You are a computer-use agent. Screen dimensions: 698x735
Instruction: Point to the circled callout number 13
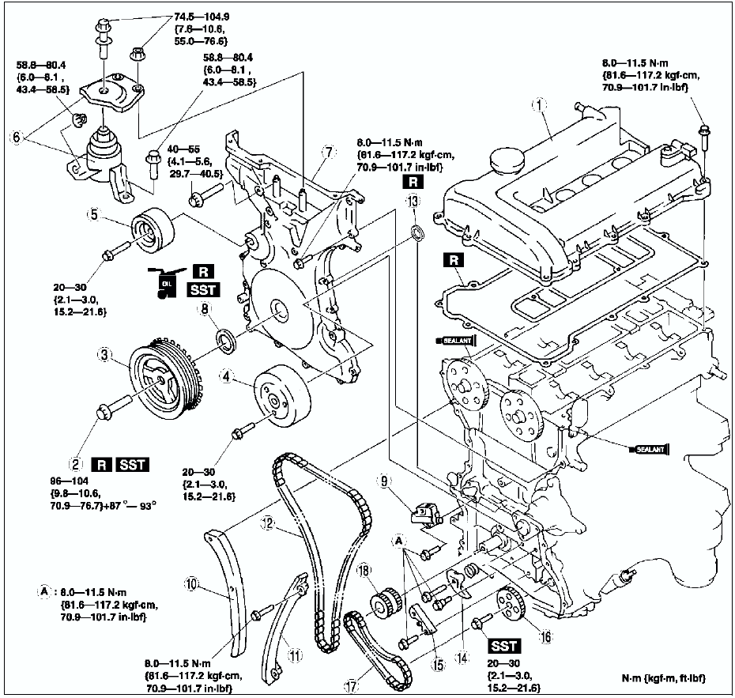[412, 202]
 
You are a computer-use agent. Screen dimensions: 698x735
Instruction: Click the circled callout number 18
[364, 572]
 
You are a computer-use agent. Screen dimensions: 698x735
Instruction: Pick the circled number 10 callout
[190, 584]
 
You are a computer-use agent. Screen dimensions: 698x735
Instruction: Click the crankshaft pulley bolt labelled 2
[107, 411]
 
